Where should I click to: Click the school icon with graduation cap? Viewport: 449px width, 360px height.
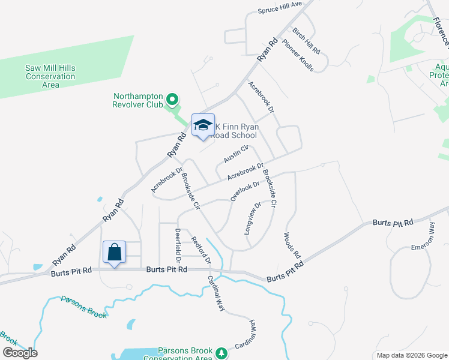point(203,125)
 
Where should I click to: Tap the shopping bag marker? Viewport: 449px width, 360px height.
point(114,253)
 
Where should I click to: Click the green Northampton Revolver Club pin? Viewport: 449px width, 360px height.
point(172,99)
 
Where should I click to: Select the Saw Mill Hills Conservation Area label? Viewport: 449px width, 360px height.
point(50,77)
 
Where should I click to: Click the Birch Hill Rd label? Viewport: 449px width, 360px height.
point(306,40)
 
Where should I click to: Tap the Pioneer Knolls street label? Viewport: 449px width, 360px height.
point(298,56)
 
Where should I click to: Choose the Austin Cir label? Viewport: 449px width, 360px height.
point(236,154)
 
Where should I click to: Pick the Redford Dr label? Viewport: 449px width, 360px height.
point(201,251)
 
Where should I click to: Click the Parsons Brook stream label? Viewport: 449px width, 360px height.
point(83,306)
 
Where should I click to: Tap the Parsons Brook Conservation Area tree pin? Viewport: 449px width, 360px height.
point(221,352)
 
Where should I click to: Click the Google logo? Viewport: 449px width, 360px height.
point(20,353)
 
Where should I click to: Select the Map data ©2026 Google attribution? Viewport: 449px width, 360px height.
point(412,355)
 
